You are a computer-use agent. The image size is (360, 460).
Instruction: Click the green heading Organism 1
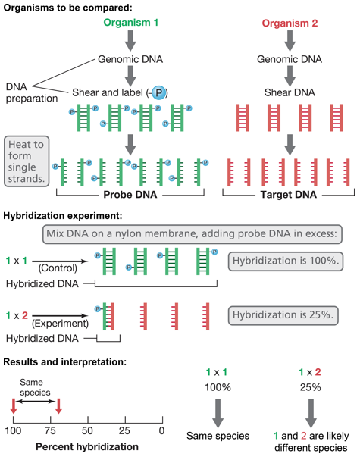131,23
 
